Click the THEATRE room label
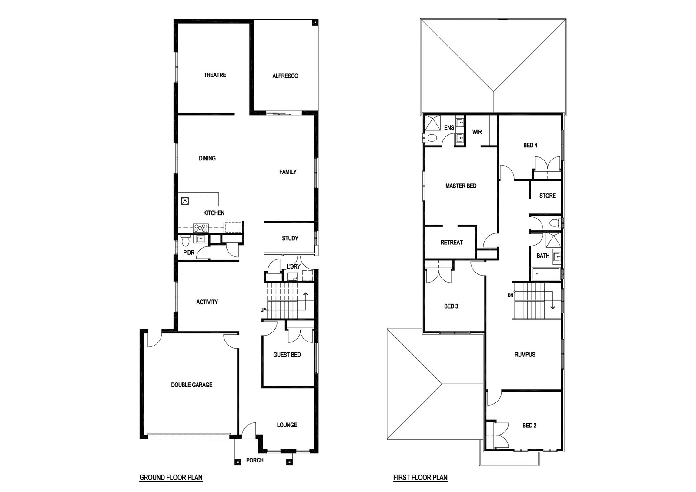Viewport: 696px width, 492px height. point(215,75)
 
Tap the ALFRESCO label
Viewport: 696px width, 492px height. point(285,76)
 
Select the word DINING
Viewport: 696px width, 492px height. point(207,158)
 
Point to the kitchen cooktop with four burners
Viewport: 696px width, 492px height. point(201,228)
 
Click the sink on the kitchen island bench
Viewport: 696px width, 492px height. point(185,201)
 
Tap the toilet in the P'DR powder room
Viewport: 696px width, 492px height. point(184,241)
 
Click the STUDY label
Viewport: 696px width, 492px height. point(290,239)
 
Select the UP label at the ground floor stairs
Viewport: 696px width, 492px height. point(263,310)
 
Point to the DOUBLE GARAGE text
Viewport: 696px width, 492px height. point(192,385)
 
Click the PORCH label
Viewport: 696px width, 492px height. point(255,460)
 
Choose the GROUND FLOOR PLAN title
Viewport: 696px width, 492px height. point(171,477)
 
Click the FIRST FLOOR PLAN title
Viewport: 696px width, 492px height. point(420,477)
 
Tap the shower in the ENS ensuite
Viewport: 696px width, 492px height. point(432,123)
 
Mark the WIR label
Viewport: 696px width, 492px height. point(477,132)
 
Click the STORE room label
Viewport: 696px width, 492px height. point(548,196)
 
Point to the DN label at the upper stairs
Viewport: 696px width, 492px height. point(511,296)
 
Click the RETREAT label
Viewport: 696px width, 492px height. point(452,243)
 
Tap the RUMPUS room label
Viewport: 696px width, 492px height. point(525,355)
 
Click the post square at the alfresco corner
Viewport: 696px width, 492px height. point(315,22)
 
